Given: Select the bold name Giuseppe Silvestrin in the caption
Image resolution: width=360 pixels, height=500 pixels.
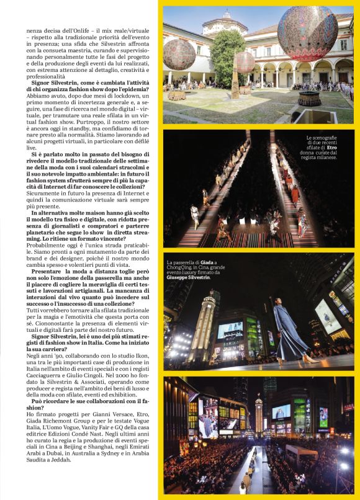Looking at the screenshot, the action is click(x=189, y=277).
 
